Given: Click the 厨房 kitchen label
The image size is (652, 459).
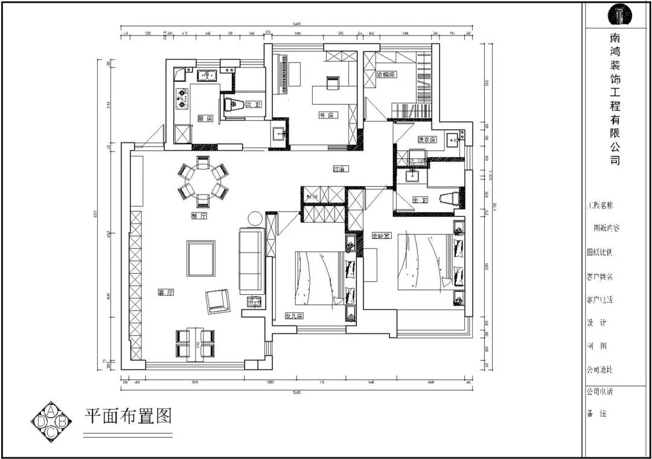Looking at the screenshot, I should pyautogui.click(x=205, y=118).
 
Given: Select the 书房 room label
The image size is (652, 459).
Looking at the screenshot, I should pyautogui.click(x=327, y=115).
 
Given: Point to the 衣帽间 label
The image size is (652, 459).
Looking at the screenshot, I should pyautogui.click(x=386, y=75).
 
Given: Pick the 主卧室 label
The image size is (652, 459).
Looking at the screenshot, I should pyautogui.click(x=380, y=236).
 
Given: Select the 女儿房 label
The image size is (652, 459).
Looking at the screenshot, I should pyautogui.click(x=294, y=315).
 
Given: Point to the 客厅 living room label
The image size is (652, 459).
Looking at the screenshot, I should pyautogui.click(x=165, y=292).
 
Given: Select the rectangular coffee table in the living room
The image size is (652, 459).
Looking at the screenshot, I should pyautogui.click(x=200, y=258).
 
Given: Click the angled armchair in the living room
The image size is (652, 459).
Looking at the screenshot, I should pyautogui.click(x=218, y=301).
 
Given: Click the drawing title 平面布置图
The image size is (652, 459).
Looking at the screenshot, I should pyautogui.click(x=127, y=416).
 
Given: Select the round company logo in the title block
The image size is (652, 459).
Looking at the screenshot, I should pyautogui.click(x=619, y=13).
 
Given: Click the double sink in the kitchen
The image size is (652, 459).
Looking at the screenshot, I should pyautogui.click(x=206, y=75).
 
